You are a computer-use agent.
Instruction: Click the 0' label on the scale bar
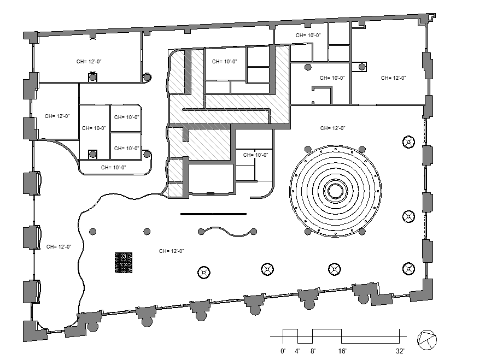coord(283,351)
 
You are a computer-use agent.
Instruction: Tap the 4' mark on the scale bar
coord(297,351)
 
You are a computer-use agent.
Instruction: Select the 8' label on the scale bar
coord(312,351)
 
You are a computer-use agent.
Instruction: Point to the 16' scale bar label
coord(342,351)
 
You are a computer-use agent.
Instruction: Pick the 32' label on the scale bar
coord(400,351)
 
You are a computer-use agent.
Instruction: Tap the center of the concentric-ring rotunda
coord(335,191)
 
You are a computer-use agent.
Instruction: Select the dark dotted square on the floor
coord(124,262)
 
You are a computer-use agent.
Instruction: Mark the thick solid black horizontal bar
coord(213,214)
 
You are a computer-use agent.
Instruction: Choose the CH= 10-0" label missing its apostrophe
coord(93,128)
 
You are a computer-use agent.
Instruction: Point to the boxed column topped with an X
coord(93,77)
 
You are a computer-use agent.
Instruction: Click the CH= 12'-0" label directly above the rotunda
coord(332,128)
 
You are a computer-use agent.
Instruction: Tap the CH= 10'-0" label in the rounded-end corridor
coord(113,168)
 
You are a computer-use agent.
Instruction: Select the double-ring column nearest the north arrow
coord(408,268)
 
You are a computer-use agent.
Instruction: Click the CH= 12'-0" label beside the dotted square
coord(171,251)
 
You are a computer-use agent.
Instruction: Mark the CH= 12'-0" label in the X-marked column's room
coord(89,62)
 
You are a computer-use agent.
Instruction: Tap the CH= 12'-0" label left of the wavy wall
coord(59,246)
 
